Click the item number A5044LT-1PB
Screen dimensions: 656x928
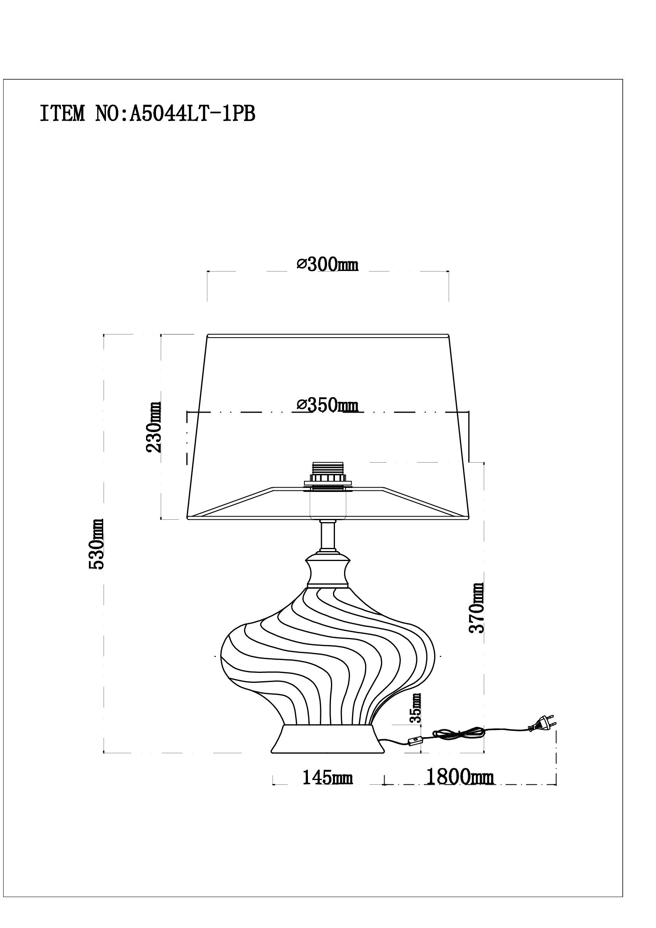tap(192, 114)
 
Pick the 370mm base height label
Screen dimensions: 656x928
tap(476, 608)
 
